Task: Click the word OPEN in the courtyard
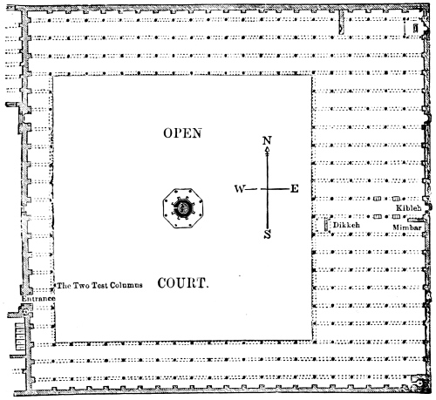pos(182,133)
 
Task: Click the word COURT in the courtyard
pos(181,283)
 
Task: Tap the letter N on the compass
pos(267,140)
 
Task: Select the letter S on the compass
pos(268,234)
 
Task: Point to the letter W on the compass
pos(240,189)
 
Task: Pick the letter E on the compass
pos(295,189)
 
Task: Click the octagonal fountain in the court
pos(183,208)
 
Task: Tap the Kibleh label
pos(409,208)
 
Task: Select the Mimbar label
pos(407,227)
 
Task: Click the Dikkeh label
pos(346,225)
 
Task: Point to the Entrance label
pos(38,299)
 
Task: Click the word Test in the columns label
pos(99,286)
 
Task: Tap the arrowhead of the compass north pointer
pos(267,150)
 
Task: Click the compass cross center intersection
pos(268,189)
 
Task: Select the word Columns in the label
pos(126,286)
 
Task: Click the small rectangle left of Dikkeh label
pos(326,225)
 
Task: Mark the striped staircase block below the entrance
pos(20,337)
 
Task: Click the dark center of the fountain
pos(183,208)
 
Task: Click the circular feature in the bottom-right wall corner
pos(419,383)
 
